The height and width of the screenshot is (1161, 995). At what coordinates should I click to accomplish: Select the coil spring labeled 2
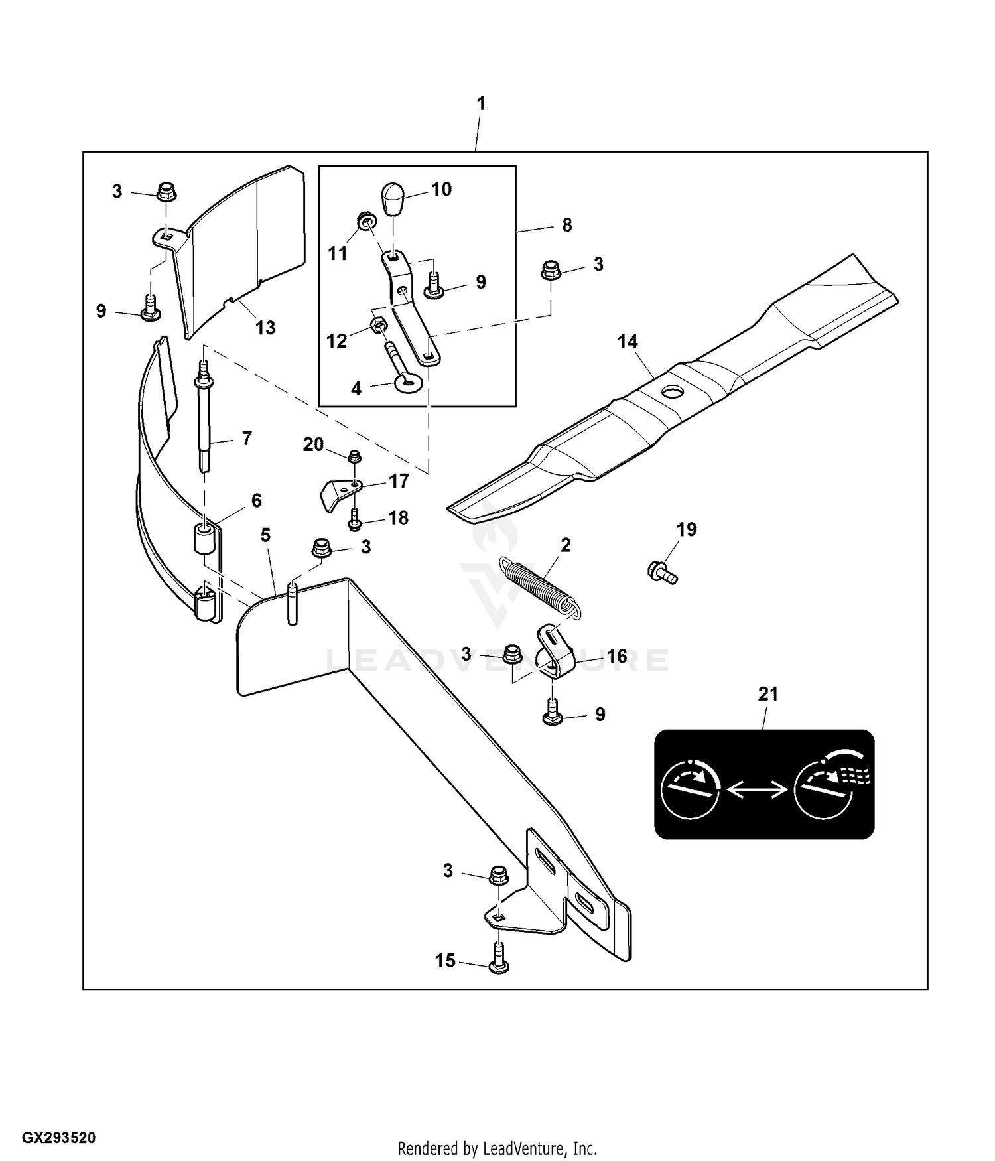(539, 587)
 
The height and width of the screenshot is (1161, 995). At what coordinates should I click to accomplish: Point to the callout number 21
(767, 694)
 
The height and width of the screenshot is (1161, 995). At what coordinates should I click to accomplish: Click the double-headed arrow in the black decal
(757, 789)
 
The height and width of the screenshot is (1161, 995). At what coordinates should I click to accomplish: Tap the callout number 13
(265, 328)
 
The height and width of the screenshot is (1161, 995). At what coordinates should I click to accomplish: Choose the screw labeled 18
(354, 519)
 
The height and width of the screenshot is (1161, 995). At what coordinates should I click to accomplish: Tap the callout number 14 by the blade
(627, 342)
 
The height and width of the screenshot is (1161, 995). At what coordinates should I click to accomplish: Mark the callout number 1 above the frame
(481, 103)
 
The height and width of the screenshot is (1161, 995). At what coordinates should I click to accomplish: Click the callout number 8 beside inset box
(566, 225)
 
